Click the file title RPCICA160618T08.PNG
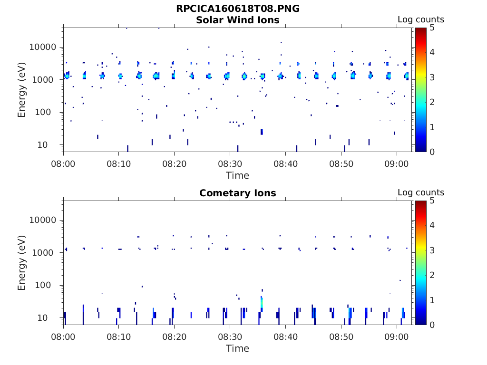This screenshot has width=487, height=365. tap(238, 9)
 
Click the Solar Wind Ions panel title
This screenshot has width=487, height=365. tap(238, 20)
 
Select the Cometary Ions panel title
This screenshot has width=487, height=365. tap(238, 193)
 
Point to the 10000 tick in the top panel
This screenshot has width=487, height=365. tap(43, 47)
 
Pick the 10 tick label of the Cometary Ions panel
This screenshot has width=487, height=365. tap(51, 317)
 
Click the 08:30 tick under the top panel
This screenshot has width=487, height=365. tap(230, 163)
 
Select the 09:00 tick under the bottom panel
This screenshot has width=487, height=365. tap(397, 336)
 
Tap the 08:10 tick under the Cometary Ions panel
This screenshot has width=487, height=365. tap(119, 336)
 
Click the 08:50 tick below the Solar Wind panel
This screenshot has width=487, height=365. tap(341, 163)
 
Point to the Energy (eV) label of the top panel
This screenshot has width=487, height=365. tap(22, 89)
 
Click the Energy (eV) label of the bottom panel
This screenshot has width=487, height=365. tap(22, 262)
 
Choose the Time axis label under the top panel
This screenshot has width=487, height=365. tap(237, 175)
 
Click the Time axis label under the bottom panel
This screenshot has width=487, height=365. tap(237, 348)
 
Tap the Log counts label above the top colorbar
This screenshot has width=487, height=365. tap(421, 19)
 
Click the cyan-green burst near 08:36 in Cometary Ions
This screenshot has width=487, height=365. tap(262, 302)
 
